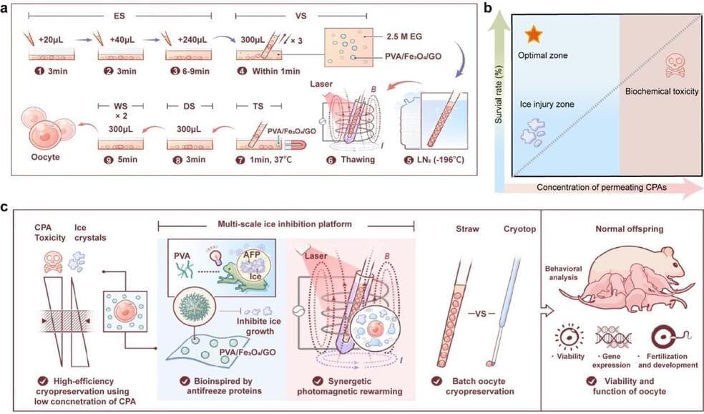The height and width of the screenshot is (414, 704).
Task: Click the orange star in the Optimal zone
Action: tap(532, 34)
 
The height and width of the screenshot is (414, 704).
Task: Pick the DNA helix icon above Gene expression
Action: tap(613, 330)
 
